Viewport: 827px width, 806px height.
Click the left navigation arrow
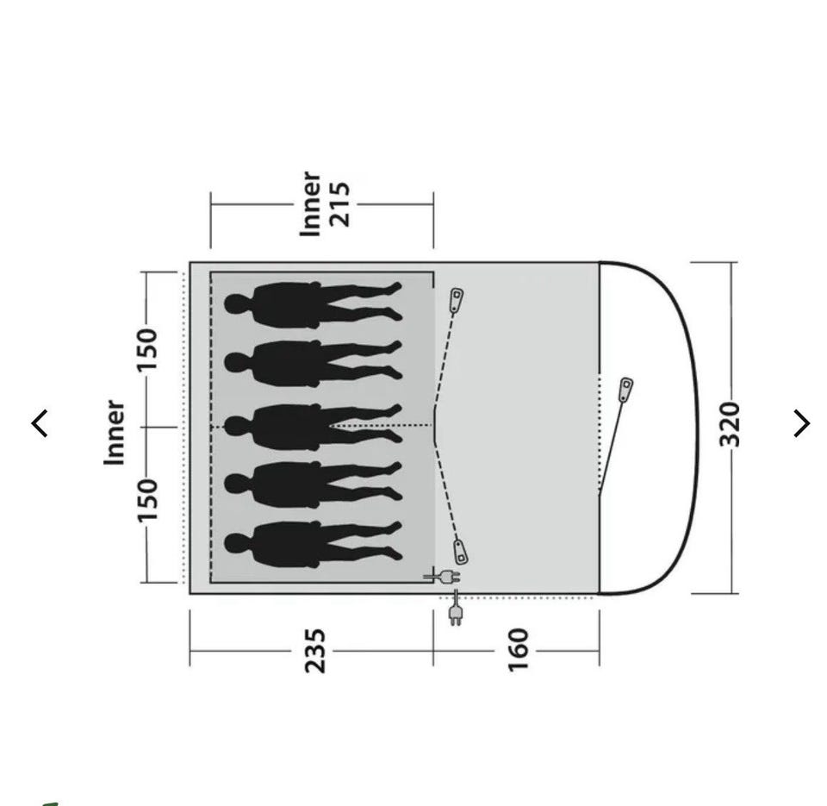coord(40,423)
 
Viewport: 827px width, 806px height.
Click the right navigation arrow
coord(802,423)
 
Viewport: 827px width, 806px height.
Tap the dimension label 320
coord(731,424)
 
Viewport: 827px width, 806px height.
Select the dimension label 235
coord(315,650)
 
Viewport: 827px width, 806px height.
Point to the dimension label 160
coord(518,650)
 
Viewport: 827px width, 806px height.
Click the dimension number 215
coord(339,204)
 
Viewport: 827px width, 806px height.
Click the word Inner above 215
coord(310,203)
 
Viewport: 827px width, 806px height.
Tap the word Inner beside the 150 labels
coord(115,433)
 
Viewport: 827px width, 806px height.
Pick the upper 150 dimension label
coord(147,350)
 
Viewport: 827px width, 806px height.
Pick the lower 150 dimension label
coord(147,500)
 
